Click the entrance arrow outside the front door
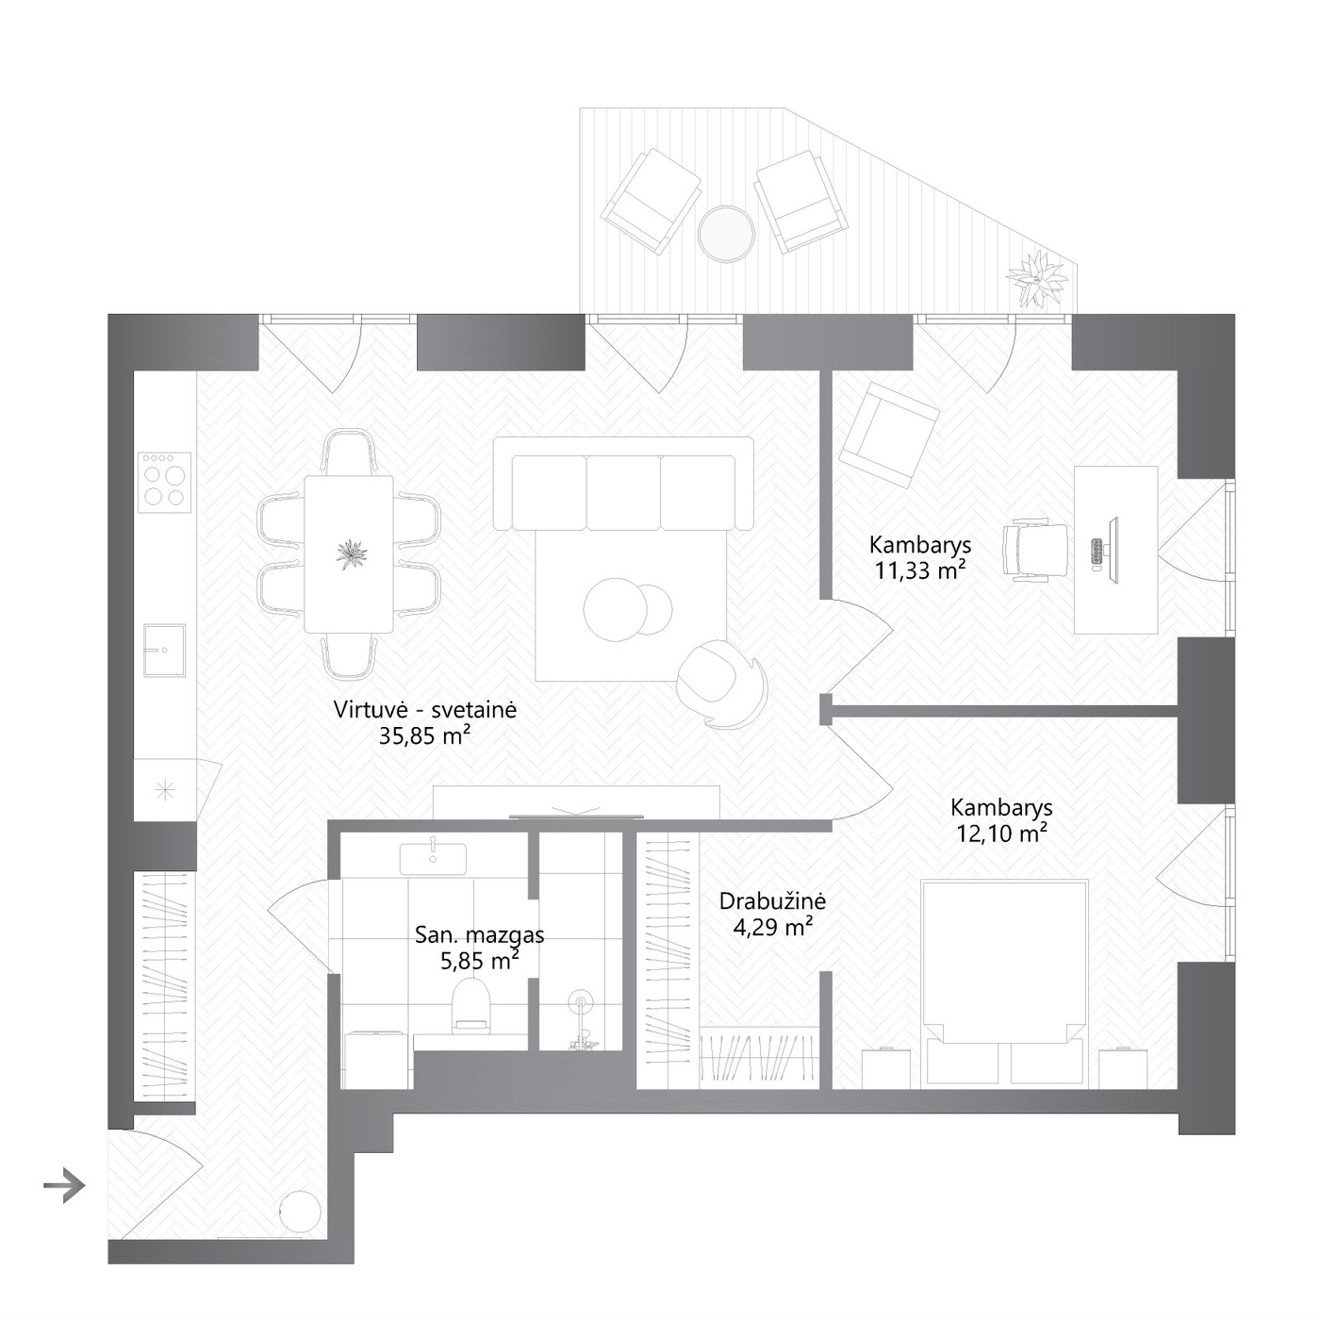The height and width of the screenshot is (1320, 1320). tap(64, 1186)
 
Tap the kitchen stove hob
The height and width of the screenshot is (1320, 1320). tap(164, 482)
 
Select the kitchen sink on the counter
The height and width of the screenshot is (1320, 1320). tap(164, 650)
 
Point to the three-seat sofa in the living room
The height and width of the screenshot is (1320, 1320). tap(623, 484)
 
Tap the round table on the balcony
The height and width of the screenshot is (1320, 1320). tap(726, 234)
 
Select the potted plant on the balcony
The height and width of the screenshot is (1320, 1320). tap(1037, 280)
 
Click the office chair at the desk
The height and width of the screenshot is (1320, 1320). tap(1035, 550)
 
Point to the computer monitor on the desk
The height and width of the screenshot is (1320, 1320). tap(1113, 551)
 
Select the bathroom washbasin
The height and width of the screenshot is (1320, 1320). tap(433, 858)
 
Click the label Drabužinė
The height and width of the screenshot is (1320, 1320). tap(773, 900)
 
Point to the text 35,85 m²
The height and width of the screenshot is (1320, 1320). tap(424, 735)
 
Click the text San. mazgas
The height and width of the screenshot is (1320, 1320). tap(480, 934)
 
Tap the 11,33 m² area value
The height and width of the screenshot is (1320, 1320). tap(920, 569)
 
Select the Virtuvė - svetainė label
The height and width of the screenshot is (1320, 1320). tap(424, 709)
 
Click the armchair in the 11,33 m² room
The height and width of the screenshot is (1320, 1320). tap(890, 435)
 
